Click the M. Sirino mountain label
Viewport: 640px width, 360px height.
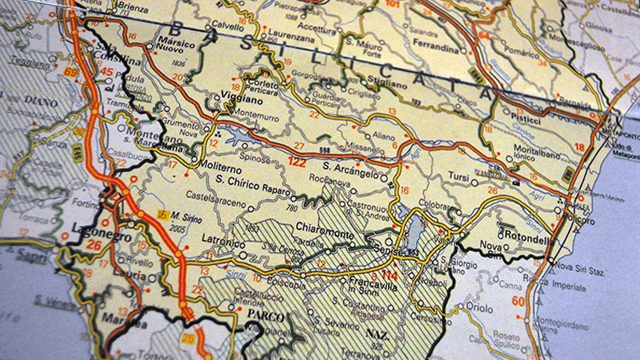click(183, 216)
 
